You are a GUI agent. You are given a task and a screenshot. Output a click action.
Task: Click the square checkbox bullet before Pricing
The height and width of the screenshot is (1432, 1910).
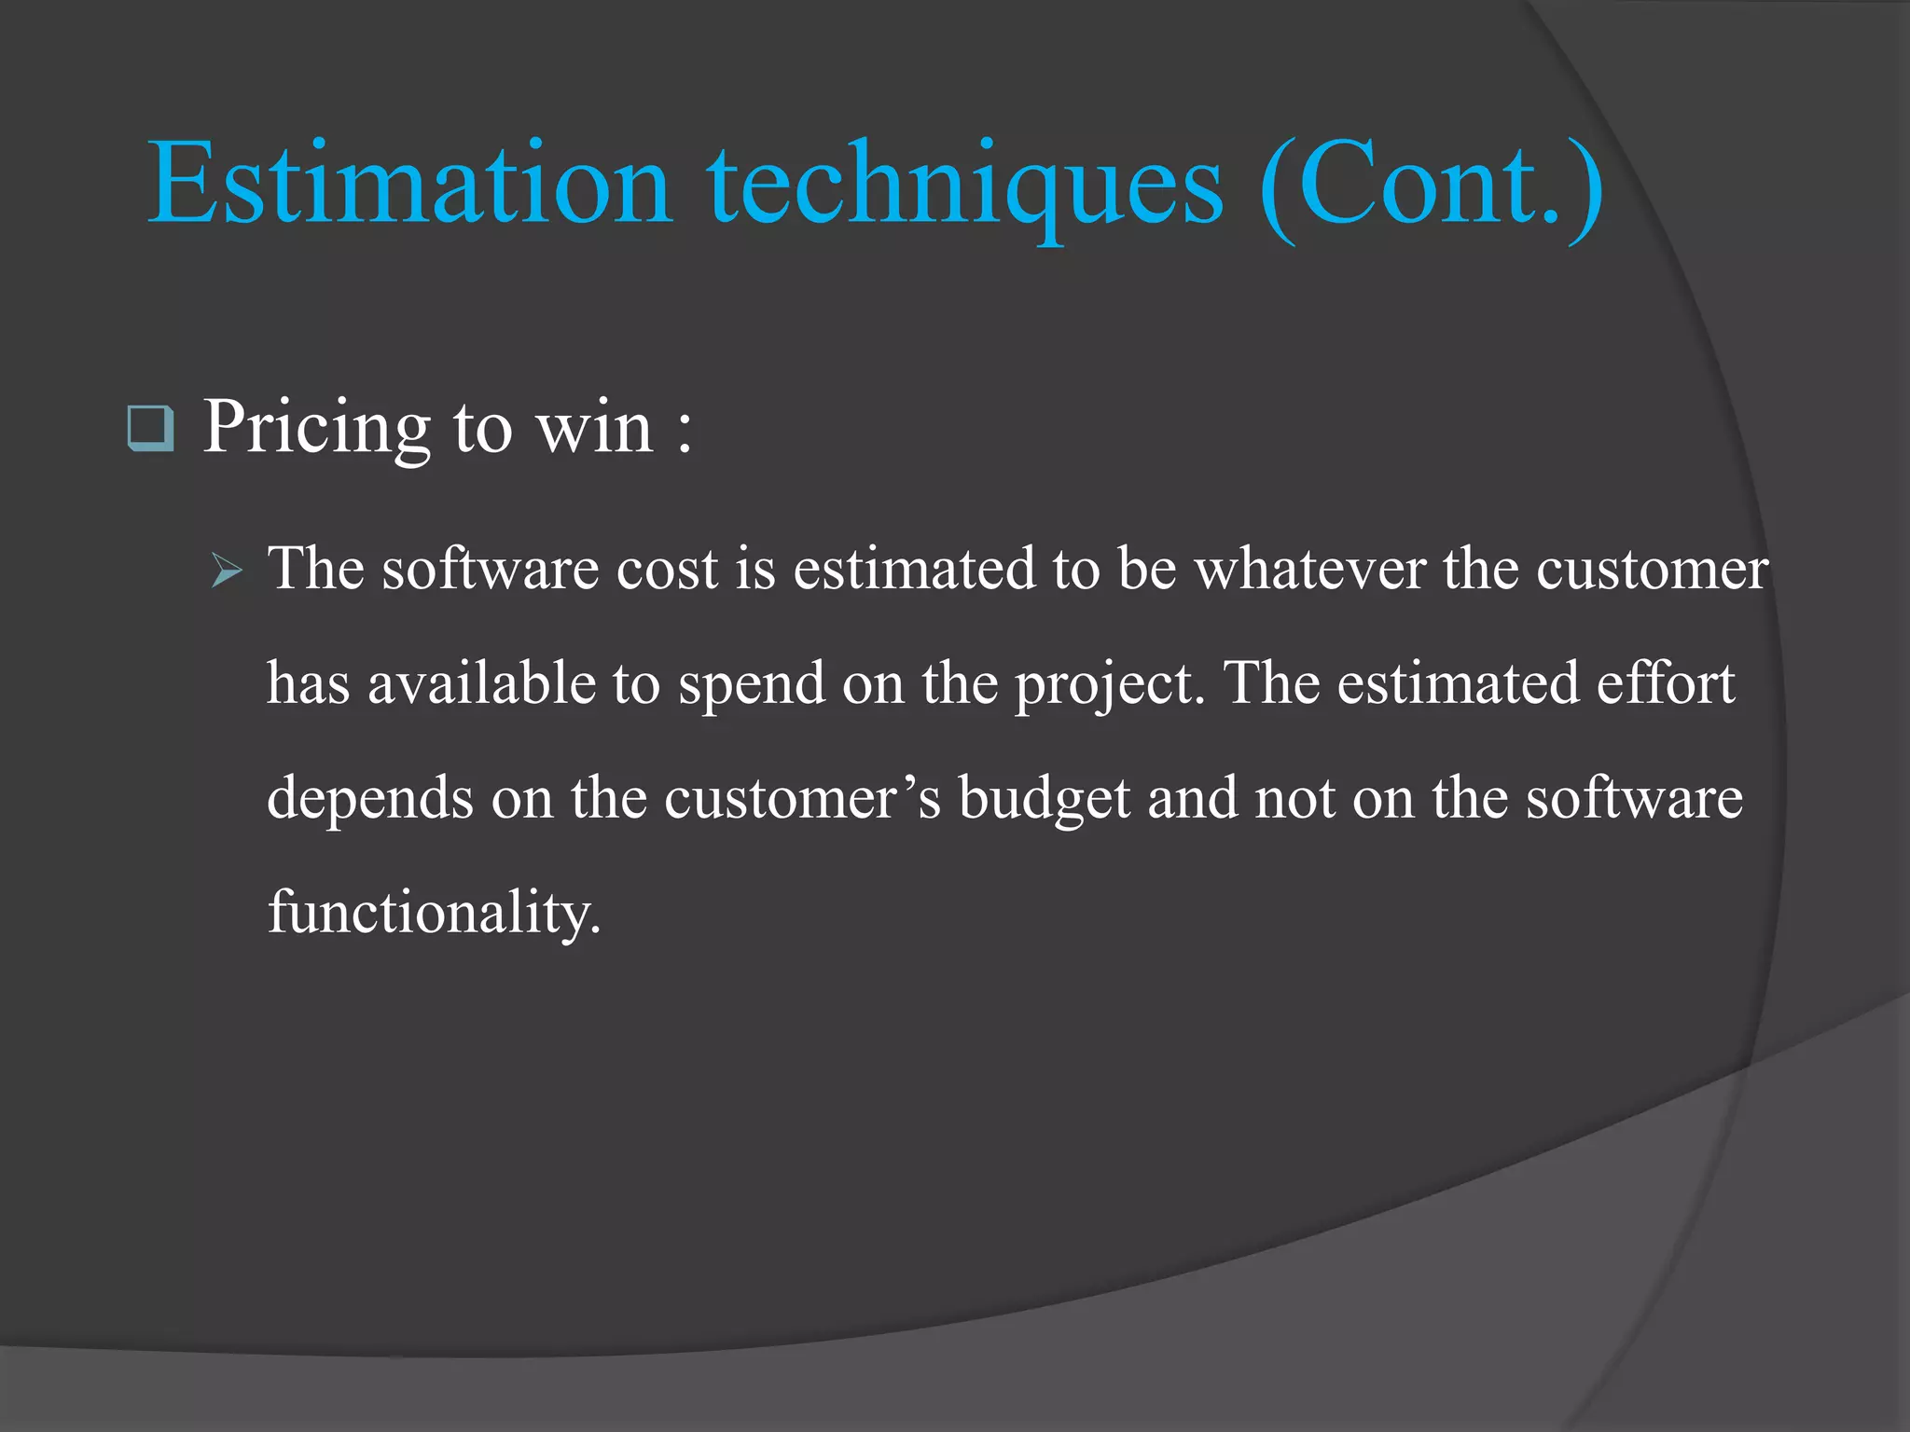[x=150, y=429]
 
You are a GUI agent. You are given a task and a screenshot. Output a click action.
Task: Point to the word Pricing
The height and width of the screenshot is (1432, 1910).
[x=317, y=428]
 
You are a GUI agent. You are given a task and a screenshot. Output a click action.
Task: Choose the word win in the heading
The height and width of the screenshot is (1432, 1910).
[x=594, y=428]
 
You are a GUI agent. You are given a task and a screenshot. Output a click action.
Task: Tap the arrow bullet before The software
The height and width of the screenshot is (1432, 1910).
[x=227, y=570]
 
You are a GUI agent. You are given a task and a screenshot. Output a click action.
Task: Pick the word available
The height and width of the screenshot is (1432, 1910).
[x=481, y=683]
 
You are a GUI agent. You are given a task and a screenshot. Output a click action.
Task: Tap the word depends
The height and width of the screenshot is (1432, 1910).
[x=370, y=800]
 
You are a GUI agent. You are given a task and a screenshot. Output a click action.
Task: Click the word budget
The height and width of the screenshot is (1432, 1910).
[x=1045, y=800]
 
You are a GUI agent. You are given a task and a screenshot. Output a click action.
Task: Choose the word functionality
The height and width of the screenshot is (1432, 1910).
[x=435, y=914]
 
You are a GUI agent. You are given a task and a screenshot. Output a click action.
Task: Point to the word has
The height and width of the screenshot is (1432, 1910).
[x=309, y=683]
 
